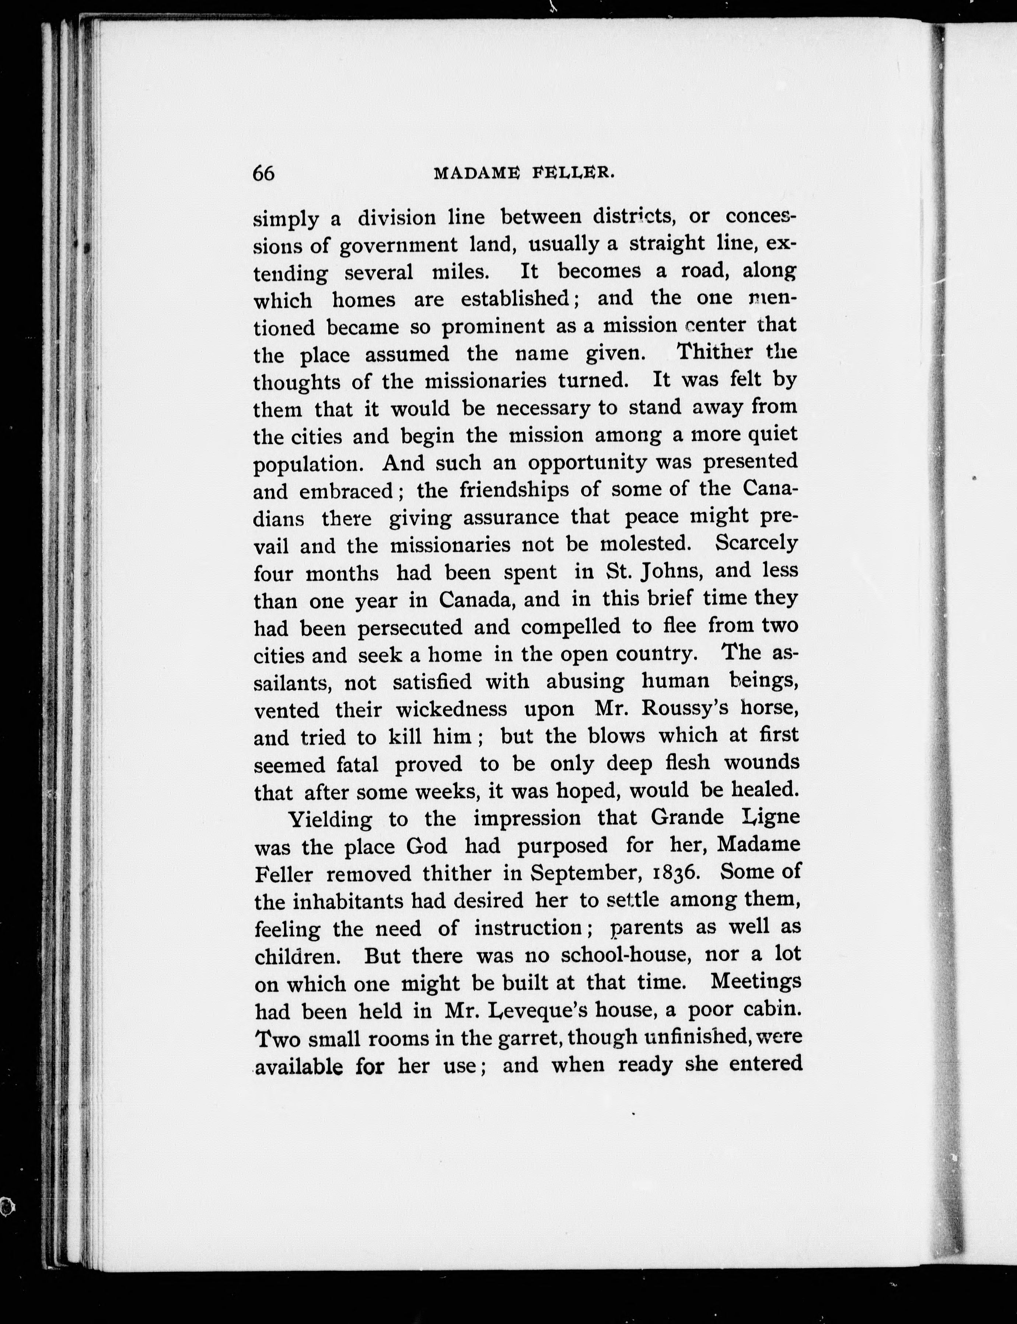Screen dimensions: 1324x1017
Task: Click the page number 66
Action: point(263,173)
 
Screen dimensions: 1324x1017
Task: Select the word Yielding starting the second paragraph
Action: point(329,819)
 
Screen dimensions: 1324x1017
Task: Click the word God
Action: point(427,845)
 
